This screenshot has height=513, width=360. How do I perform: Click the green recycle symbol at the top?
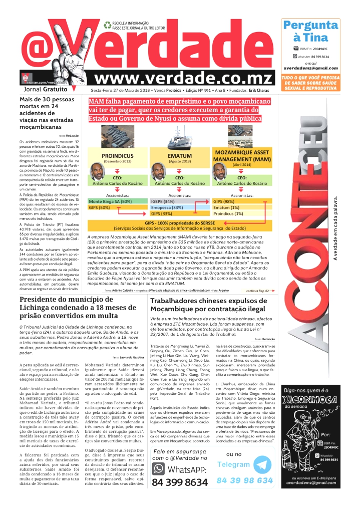pos(107,24)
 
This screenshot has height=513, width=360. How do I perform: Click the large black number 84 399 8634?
pos(180,482)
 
